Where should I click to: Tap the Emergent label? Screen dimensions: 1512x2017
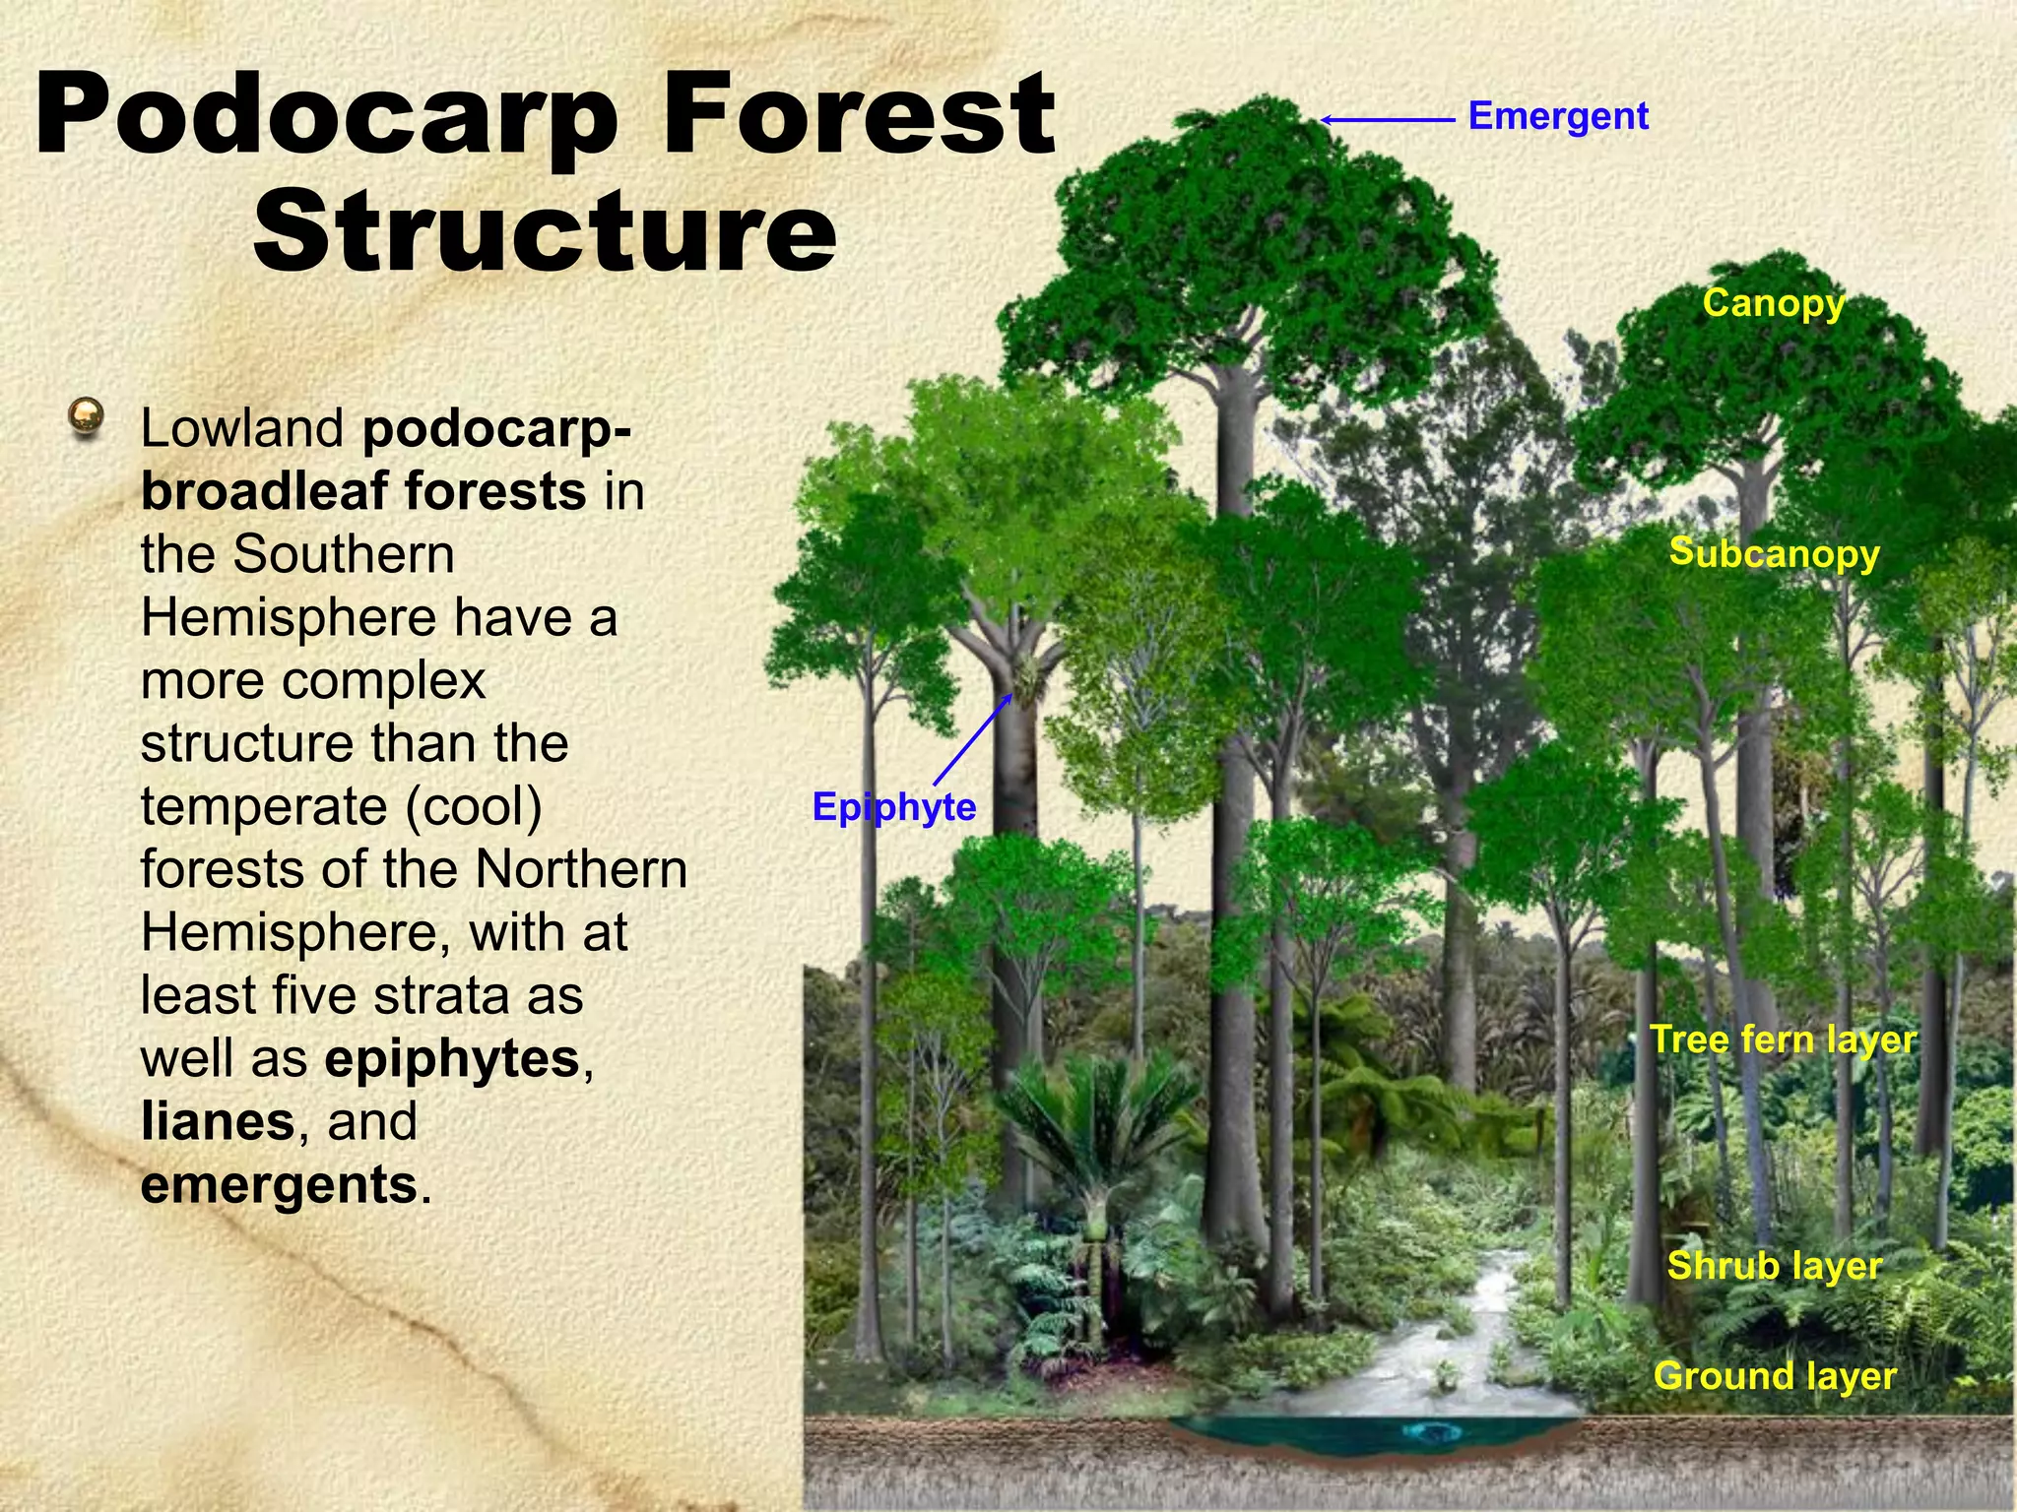tap(1557, 116)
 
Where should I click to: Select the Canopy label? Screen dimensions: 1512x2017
tap(1773, 303)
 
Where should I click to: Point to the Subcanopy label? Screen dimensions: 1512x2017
tap(1774, 553)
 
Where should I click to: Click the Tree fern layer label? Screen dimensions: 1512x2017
tap(1783, 1039)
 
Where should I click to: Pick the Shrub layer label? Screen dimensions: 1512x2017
tap(1774, 1265)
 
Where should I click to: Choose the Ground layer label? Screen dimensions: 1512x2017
tap(1774, 1375)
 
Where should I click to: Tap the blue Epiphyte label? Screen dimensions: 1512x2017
tap(893, 807)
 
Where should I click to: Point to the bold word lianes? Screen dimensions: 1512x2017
tap(218, 1121)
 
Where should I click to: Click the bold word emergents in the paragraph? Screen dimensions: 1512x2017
tap(280, 1184)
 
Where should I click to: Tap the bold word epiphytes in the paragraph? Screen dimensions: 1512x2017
tap(452, 1058)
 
